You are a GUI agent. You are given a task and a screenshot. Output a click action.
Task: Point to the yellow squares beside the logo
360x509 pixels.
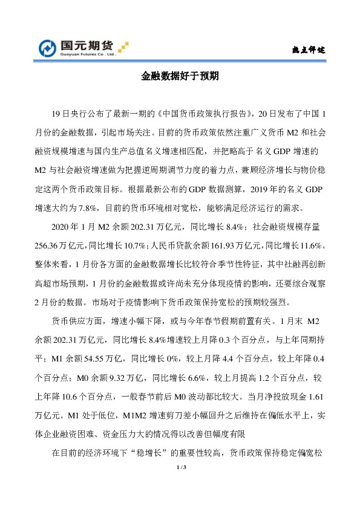124,46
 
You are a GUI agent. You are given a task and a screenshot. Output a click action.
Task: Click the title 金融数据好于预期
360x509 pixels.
180,77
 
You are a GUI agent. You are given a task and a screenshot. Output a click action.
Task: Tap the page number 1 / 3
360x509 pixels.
180,468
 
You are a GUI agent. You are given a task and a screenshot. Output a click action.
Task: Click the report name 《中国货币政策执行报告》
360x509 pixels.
203,113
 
